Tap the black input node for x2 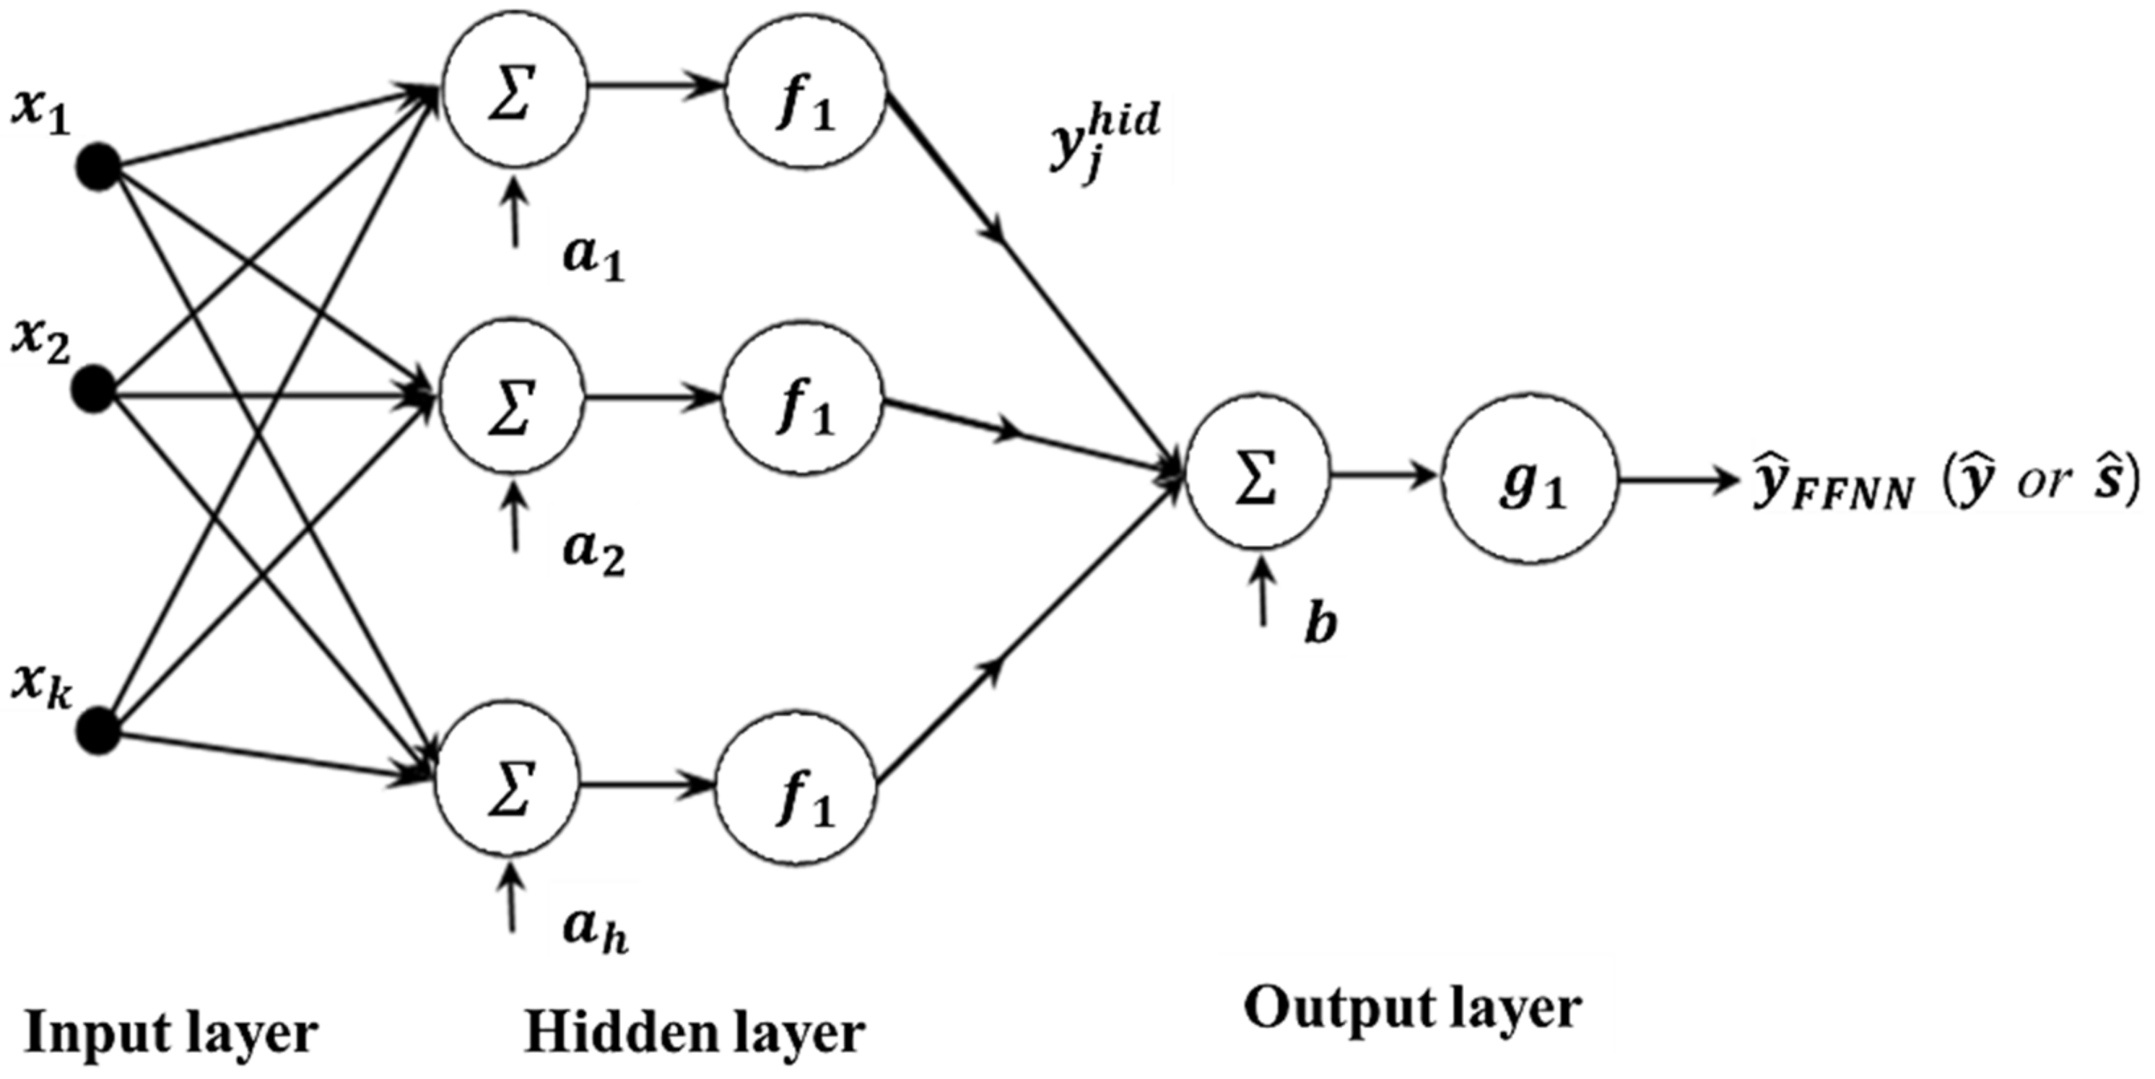tap(94, 390)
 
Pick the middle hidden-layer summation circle tap(512, 396)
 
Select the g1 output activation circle tap(1530, 484)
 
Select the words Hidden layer tap(694, 1033)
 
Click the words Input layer tap(172, 1034)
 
